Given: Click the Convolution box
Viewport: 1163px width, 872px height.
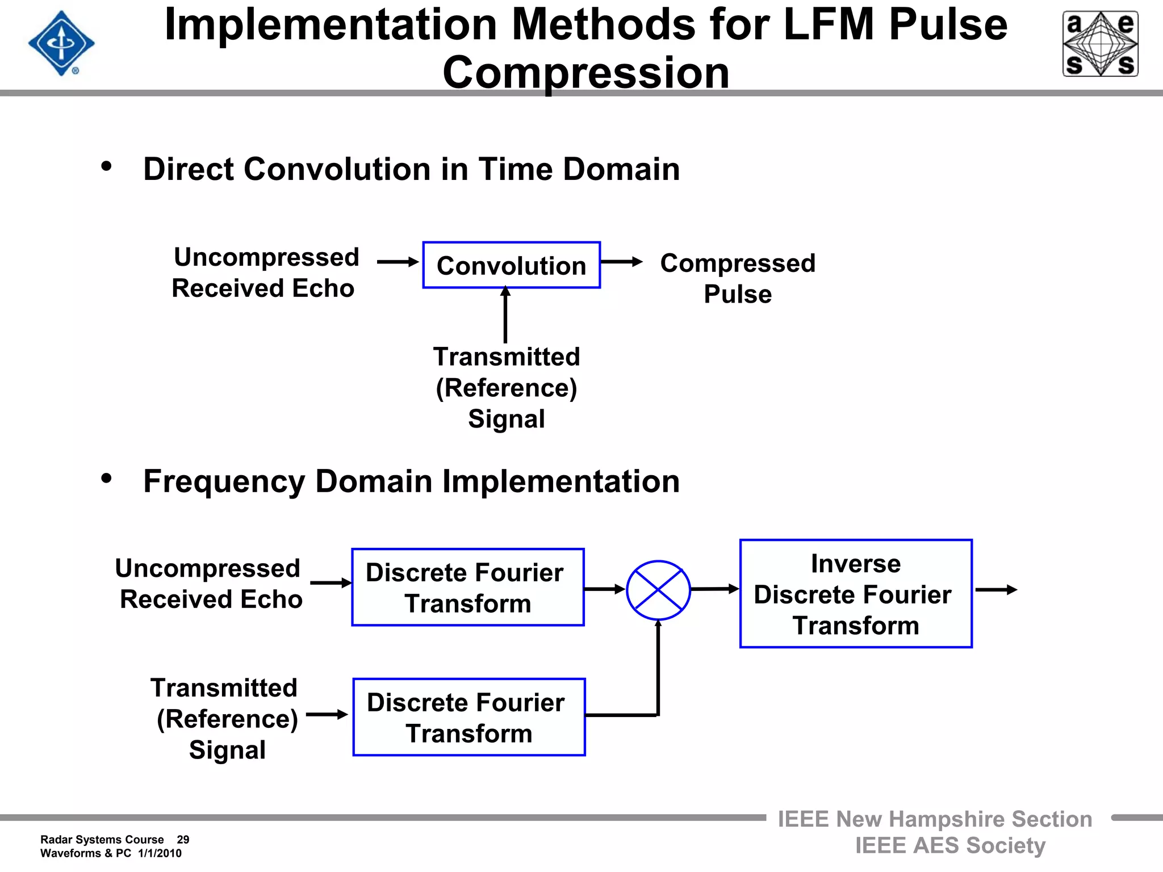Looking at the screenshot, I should pyautogui.click(x=511, y=265).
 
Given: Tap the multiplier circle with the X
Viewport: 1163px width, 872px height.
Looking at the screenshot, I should pyautogui.click(x=658, y=590).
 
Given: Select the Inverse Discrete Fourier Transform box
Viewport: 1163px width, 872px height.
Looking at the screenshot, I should pyautogui.click(x=856, y=594).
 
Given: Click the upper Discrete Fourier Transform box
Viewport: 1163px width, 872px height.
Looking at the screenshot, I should pyautogui.click(x=467, y=588).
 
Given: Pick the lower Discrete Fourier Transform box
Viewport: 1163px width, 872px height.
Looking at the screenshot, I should pyautogui.click(x=468, y=717).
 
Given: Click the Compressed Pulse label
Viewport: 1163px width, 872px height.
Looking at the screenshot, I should pyautogui.click(x=737, y=278).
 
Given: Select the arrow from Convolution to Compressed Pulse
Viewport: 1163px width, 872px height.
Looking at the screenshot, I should pyautogui.click(x=621, y=262).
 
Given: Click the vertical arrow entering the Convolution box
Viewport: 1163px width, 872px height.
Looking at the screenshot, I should pyautogui.click(x=505, y=315).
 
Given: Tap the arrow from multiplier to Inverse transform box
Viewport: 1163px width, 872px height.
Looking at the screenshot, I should pyautogui.click(x=714, y=589).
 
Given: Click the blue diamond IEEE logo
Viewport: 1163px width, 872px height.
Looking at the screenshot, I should pyautogui.click(x=61, y=43).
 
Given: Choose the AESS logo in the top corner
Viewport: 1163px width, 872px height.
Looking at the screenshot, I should pyautogui.click(x=1100, y=44).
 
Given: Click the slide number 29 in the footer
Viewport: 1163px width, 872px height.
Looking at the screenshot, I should pyautogui.click(x=183, y=840).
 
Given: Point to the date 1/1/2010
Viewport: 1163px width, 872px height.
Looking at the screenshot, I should pyautogui.click(x=160, y=853).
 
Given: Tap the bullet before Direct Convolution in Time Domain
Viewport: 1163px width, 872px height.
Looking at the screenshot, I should pyautogui.click(x=106, y=167).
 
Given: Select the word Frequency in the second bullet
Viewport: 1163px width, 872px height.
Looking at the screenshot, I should pyautogui.click(x=224, y=482).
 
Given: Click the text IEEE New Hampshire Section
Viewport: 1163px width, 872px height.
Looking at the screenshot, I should pyautogui.click(x=935, y=819).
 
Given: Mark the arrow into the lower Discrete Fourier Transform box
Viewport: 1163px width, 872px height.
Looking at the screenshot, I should pyautogui.click(x=327, y=714).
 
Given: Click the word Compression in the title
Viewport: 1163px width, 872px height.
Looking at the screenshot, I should pyautogui.click(x=585, y=73).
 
